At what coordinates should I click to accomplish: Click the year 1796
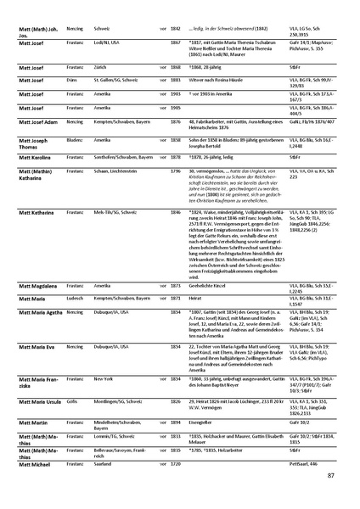tap(177, 171)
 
